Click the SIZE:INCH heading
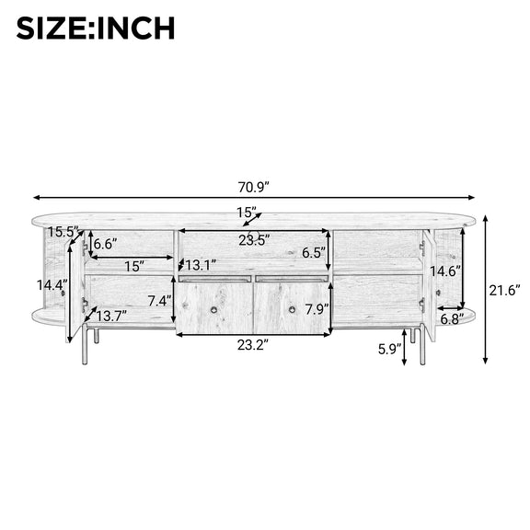(x=96, y=28)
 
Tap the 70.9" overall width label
(x=254, y=187)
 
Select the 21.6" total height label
(x=504, y=290)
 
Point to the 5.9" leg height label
(x=390, y=349)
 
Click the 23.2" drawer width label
(x=253, y=345)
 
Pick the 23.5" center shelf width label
(x=254, y=240)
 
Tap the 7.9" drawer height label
(x=317, y=309)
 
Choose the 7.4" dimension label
(x=159, y=301)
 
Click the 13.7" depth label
(x=111, y=317)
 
